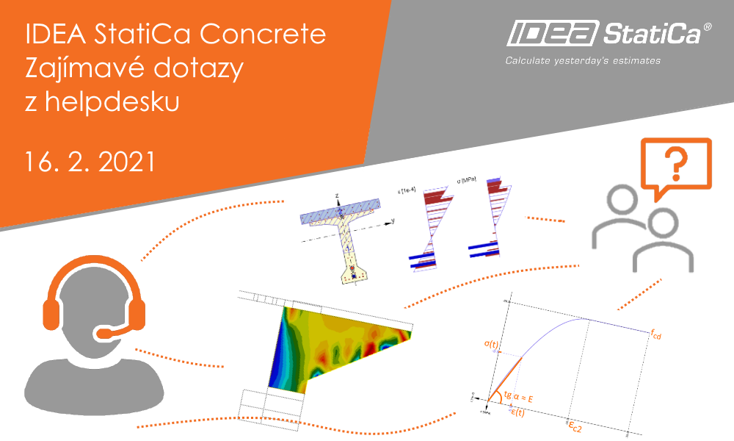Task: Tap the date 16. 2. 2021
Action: pyautogui.click(x=90, y=161)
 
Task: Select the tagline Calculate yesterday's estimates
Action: pyautogui.click(x=583, y=60)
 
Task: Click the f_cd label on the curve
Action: pyautogui.click(x=655, y=334)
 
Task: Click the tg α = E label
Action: pyautogui.click(x=523, y=398)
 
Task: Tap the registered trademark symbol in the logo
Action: pyautogui.click(x=708, y=26)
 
